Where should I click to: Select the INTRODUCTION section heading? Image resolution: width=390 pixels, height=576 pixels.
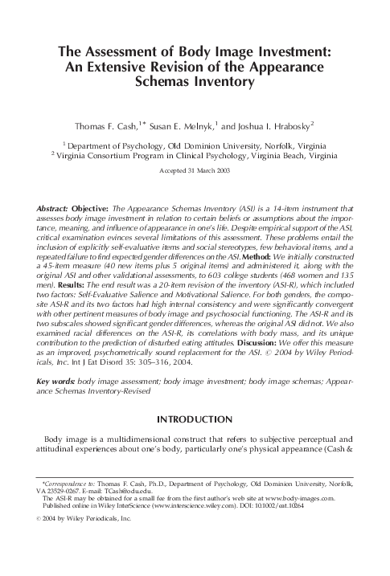point(195,419)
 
